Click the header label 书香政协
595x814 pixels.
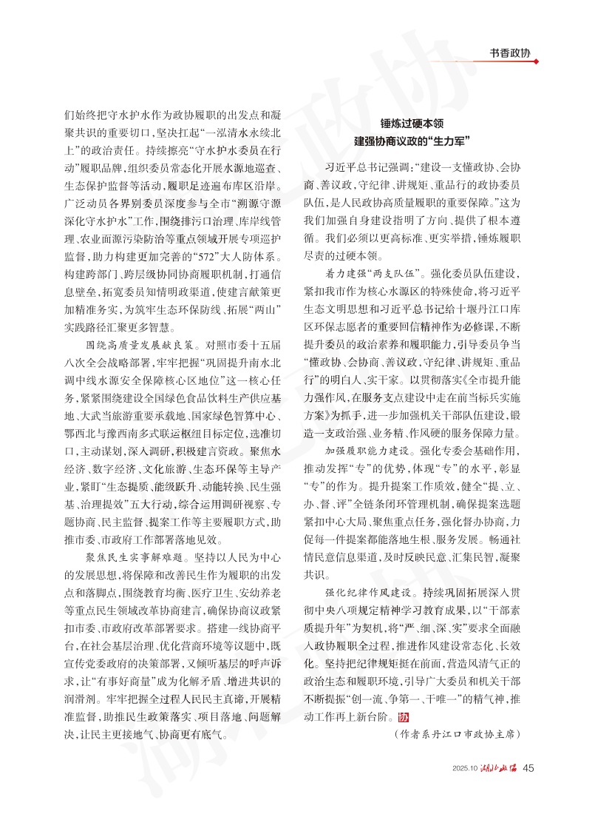click(x=511, y=53)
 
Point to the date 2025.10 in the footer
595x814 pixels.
click(x=465, y=767)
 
